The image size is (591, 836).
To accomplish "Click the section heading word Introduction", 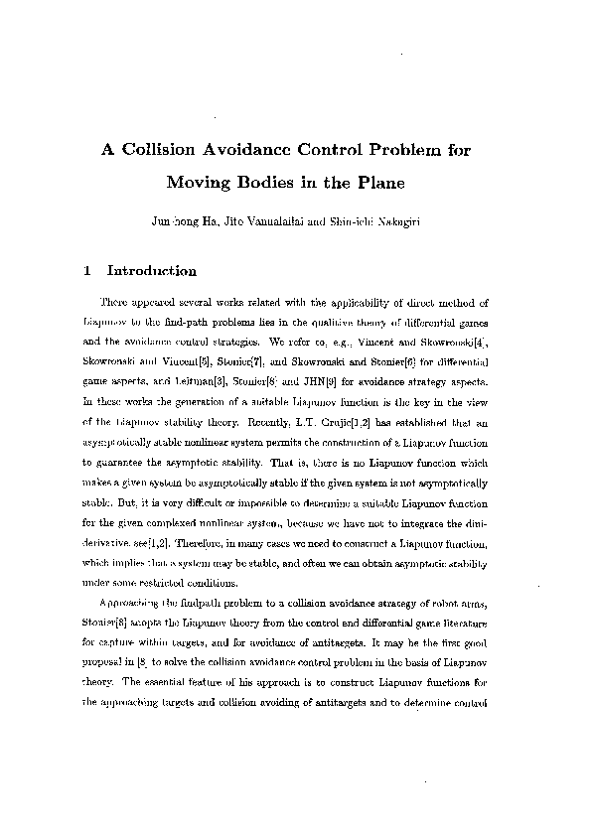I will [151, 270].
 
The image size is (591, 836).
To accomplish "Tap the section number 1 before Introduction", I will [89, 270].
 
